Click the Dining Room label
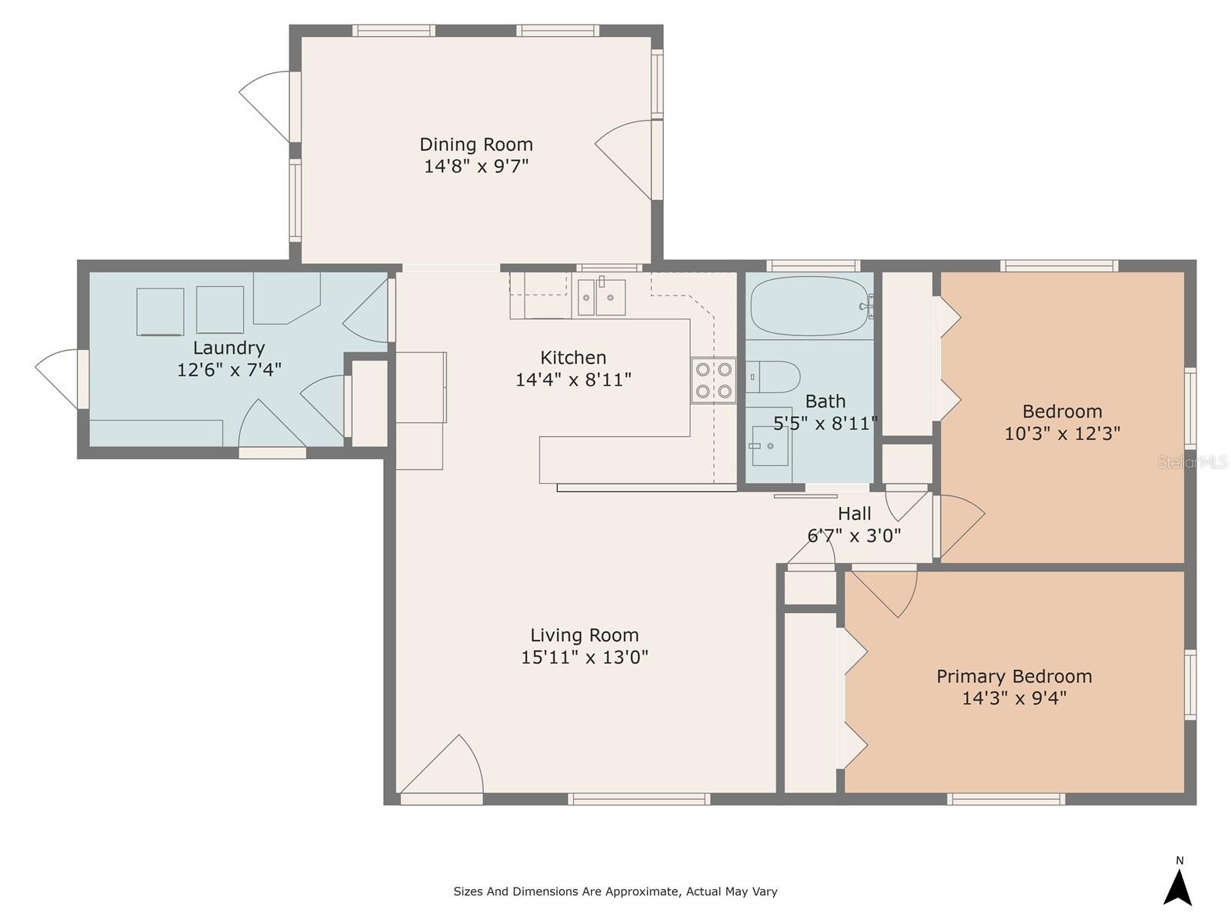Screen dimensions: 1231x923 pyautogui.click(x=476, y=145)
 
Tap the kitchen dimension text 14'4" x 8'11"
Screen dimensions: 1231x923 pyautogui.click(x=573, y=380)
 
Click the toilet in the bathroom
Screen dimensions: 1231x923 pyautogui.click(x=772, y=377)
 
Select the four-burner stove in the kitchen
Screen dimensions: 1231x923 pyautogui.click(x=713, y=381)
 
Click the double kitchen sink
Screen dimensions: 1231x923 pyautogui.click(x=601, y=298)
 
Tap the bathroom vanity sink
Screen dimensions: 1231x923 pyautogui.click(x=770, y=445)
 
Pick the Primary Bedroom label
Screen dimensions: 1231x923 pyautogui.click(x=1014, y=676)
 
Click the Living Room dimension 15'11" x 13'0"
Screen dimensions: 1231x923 pyautogui.click(x=585, y=657)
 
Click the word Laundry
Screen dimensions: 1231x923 pyautogui.click(x=229, y=348)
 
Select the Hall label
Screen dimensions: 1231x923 pyautogui.click(x=854, y=513)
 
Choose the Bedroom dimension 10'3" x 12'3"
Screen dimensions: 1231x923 pyautogui.click(x=1063, y=433)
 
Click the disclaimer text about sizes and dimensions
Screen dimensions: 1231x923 pyautogui.click(x=615, y=891)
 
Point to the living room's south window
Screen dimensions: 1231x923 pyautogui.click(x=639, y=799)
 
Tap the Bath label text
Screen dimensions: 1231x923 pyautogui.click(x=825, y=402)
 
